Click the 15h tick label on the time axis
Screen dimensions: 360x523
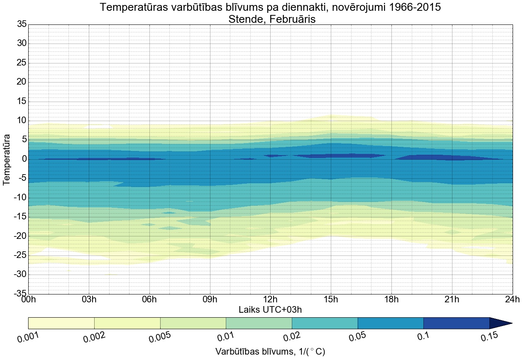pos(331,299)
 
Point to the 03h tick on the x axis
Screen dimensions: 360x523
pos(89,299)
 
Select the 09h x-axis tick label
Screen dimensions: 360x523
pos(210,299)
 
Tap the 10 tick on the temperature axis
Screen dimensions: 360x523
pos(22,121)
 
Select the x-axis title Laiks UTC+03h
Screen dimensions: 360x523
pos(270,310)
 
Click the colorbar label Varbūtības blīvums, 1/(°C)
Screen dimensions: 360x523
pos(270,352)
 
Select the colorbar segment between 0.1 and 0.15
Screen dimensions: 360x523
pos(456,323)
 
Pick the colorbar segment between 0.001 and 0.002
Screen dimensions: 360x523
pos(61,323)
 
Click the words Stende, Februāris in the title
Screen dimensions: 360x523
pos(272,19)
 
